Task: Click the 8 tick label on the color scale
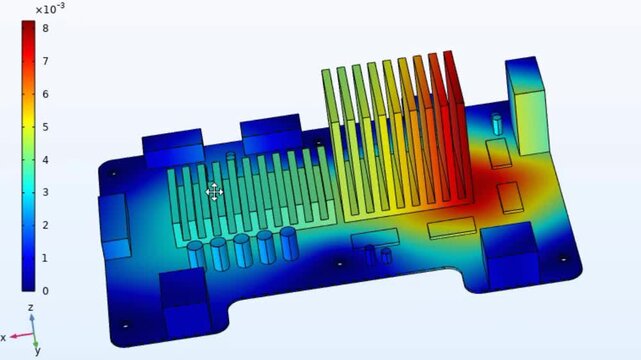pos(45,28)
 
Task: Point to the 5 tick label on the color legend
pos(45,127)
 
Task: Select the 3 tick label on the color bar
pos(45,192)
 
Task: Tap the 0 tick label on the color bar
pos(45,291)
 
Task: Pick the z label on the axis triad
pos(31,307)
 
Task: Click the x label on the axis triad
pos(4,338)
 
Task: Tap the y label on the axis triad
pos(37,351)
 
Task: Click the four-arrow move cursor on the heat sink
pos(214,192)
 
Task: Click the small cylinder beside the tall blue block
pos(497,124)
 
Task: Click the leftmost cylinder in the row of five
pos(196,254)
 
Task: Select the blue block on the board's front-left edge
pos(184,297)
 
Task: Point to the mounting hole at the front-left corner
pos(125,325)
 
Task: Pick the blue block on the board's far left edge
pos(115,225)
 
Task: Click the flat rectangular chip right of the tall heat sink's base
pos(453,229)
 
